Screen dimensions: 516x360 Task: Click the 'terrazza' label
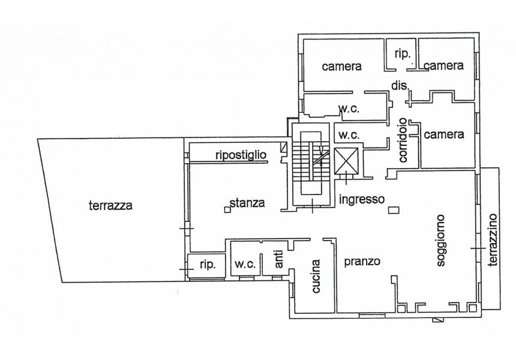(110, 206)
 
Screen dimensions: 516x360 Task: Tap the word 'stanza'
(247, 203)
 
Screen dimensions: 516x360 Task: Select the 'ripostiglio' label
(241, 155)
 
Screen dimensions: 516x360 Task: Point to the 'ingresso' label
(362, 199)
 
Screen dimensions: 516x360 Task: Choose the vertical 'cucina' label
(316, 276)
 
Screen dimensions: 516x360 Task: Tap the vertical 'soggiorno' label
(440, 240)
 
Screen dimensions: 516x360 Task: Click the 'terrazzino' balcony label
(493, 239)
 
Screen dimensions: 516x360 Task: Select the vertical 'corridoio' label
(403, 140)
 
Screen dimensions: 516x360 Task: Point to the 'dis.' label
(400, 86)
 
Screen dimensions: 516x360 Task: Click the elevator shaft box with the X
(346, 161)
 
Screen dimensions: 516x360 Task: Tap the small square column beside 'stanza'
(227, 209)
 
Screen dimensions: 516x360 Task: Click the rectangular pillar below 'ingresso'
(394, 210)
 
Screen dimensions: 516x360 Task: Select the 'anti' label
(278, 259)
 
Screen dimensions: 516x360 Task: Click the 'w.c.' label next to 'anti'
(245, 264)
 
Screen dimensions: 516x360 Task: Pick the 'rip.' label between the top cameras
(402, 53)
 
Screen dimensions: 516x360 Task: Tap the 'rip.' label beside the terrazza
(208, 265)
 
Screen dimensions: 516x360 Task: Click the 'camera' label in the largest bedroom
(341, 67)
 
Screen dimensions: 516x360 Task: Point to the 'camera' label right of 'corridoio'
(444, 134)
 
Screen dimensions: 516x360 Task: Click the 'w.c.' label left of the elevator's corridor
(349, 135)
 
